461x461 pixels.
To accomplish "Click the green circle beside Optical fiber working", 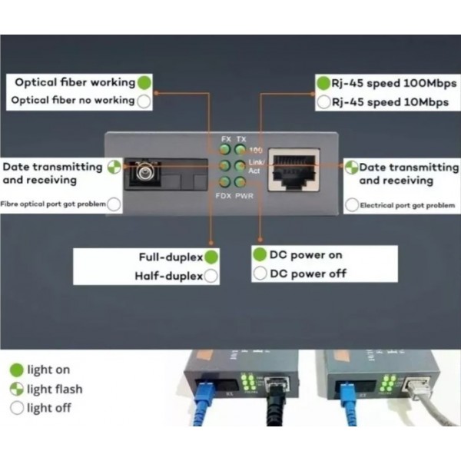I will click(144, 82).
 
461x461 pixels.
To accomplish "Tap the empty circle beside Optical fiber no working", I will click(144, 101).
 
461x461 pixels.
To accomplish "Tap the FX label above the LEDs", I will click(226, 138).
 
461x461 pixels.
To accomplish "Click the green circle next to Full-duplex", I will click(211, 257).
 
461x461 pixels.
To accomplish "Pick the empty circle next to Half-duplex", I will click(211, 276).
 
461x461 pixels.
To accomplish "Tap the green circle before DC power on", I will click(260, 255).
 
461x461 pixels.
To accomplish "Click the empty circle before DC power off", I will click(260, 274).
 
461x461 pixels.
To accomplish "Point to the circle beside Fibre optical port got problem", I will click(114, 204).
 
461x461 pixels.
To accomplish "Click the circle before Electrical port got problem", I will click(352, 205).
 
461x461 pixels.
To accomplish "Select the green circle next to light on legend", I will click(16, 370).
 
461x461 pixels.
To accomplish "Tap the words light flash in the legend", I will click(55, 389).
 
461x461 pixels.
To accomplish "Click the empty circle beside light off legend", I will click(16, 408).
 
